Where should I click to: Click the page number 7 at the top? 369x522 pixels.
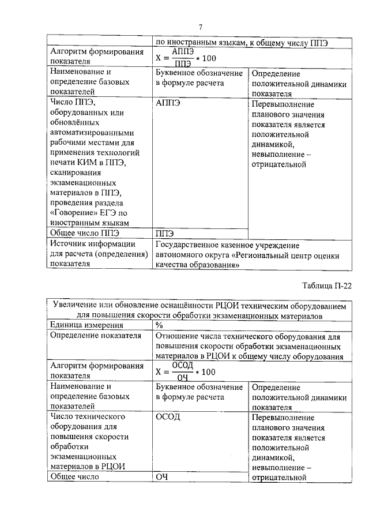[x=200, y=27]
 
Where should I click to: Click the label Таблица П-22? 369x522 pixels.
[x=326, y=285]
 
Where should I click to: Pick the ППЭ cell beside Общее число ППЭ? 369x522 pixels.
[x=165, y=233]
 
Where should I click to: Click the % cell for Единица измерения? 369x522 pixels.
[x=159, y=325]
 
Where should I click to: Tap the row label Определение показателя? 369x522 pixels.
[x=96, y=336]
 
